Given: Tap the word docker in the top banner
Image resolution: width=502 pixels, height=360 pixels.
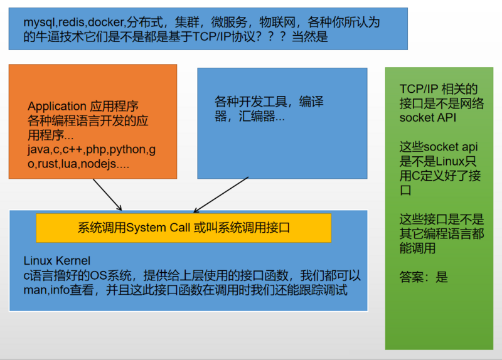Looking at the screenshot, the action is (x=106, y=23).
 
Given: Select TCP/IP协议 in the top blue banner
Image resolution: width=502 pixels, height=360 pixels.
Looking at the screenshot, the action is (x=224, y=37).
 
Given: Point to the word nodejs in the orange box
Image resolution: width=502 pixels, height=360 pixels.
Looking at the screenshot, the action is (x=99, y=164).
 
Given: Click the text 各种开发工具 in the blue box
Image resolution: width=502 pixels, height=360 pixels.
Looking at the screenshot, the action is (x=250, y=102).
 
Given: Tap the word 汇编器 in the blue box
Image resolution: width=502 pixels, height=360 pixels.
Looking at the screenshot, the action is (x=257, y=117).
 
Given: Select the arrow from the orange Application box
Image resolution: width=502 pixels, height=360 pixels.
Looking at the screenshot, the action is (x=107, y=194).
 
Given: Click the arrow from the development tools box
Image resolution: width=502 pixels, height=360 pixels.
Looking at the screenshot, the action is (x=221, y=194).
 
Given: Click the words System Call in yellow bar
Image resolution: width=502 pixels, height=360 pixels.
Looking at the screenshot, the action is (x=158, y=228).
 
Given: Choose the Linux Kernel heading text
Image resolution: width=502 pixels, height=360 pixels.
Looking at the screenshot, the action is (x=57, y=261).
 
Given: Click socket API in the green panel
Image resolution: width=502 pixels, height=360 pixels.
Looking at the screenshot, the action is (x=428, y=118).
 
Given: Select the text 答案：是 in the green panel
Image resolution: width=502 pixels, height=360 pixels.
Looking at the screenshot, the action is (x=424, y=277).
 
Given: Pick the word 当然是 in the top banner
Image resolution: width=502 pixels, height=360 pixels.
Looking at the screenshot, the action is (x=310, y=37).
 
